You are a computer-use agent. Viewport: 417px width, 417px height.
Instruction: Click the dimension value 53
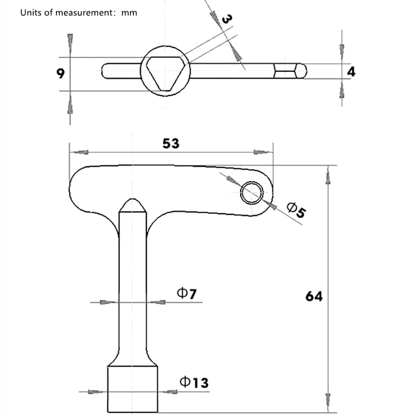[x=170, y=143]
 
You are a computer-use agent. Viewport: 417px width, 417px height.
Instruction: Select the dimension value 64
[x=314, y=296]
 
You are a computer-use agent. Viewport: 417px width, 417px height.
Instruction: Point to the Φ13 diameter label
[x=194, y=382]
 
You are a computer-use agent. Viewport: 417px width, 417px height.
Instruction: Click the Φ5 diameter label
[x=296, y=210]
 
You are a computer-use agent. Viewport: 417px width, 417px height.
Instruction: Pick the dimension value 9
[x=61, y=73]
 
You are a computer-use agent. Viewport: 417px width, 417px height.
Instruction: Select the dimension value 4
[x=351, y=71]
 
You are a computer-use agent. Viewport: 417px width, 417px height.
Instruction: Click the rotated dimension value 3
[x=226, y=19]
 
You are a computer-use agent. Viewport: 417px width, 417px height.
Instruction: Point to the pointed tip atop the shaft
[x=132, y=204]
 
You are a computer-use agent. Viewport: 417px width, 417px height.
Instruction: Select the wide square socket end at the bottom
[x=132, y=390]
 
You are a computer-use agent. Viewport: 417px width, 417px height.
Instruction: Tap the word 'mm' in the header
[x=129, y=12]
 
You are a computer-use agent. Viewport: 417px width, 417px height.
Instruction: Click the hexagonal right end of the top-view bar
[x=291, y=71]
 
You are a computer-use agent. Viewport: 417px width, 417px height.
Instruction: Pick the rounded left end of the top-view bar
[x=106, y=71]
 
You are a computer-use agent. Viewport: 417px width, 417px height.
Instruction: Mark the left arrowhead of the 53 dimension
[x=79, y=152]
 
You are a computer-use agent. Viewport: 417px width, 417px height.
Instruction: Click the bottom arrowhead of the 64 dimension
[x=328, y=400]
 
